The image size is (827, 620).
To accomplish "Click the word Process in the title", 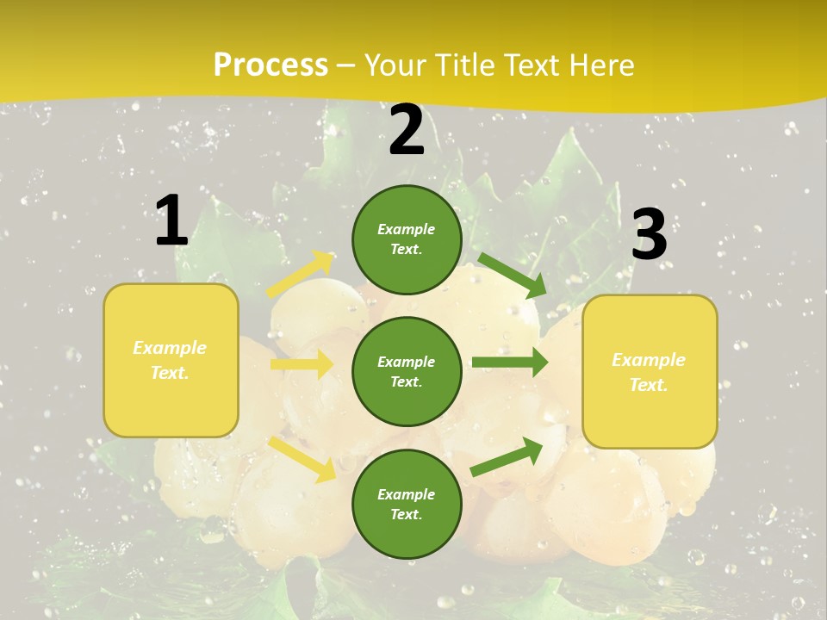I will (x=270, y=65).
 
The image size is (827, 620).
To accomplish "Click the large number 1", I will (x=171, y=220).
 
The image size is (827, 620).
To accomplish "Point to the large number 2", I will (x=407, y=130).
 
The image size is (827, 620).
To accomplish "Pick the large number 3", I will (x=650, y=235).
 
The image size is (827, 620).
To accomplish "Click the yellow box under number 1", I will (x=171, y=360).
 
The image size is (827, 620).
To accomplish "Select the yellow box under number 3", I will (x=650, y=372).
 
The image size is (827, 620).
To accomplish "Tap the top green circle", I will (x=407, y=239).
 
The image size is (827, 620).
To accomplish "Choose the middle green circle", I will (x=407, y=372).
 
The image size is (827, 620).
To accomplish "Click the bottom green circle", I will (x=407, y=505).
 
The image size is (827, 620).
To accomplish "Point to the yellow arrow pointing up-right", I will (x=300, y=275).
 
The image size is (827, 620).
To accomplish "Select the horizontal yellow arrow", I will (x=302, y=364).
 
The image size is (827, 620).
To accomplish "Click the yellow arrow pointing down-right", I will (x=302, y=458).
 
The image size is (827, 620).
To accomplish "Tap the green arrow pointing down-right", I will (x=512, y=275).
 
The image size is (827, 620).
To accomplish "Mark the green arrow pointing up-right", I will (x=507, y=456).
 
